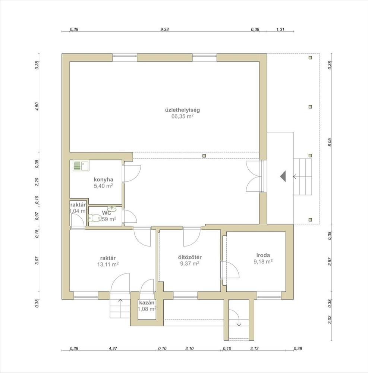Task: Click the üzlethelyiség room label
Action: [x=182, y=110]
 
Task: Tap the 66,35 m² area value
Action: [x=182, y=116]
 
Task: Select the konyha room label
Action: [x=103, y=180]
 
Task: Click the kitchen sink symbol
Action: [x=81, y=166]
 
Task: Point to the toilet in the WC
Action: [x=95, y=218]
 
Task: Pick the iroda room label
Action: [x=263, y=255]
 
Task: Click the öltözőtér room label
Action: [x=190, y=257]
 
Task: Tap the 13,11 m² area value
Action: [x=108, y=264]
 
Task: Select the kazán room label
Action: [x=147, y=303]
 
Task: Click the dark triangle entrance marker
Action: [x=283, y=176]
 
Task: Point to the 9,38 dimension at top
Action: [x=164, y=29]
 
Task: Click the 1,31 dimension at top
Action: [x=280, y=29]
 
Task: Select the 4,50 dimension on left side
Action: [x=37, y=106]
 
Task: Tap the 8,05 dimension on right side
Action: [x=330, y=142]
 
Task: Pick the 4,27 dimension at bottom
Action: [x=113, y=348]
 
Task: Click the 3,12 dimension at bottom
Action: [x=255, y=348]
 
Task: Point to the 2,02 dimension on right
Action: [x=330, y=320]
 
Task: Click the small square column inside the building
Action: [x=204, y=156]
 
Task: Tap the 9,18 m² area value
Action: [x=263, y=261]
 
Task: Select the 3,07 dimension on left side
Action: [x=37, y=260]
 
